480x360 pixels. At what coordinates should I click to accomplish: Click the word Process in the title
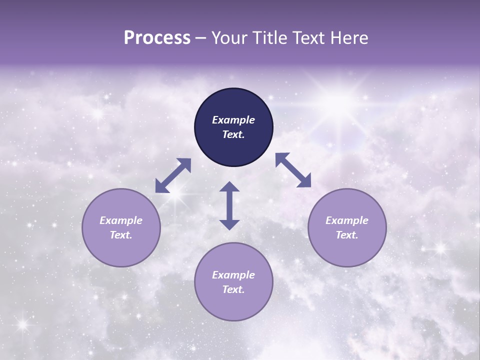157,38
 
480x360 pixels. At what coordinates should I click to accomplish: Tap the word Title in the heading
270,38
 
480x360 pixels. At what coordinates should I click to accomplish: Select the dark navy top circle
233,127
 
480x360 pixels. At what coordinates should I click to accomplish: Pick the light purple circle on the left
121,227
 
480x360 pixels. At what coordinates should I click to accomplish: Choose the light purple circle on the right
346,227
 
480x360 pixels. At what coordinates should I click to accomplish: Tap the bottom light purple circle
233,282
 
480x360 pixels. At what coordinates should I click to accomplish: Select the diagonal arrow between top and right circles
293,170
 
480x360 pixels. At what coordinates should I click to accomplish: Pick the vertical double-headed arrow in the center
229,205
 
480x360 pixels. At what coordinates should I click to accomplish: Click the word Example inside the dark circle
233,120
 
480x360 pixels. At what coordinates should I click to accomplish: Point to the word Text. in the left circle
121,235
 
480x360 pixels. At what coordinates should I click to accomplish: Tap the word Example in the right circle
346,220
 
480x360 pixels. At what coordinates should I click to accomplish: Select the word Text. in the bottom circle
233,289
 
